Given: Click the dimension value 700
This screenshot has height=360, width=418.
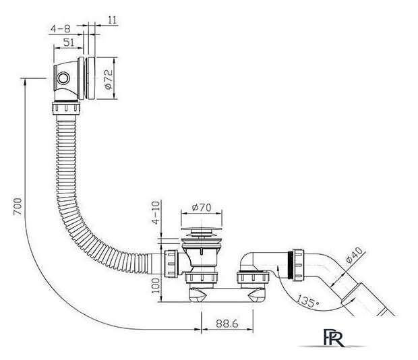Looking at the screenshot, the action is [18, 206].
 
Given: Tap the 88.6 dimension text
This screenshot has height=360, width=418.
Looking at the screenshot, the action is [227, 324].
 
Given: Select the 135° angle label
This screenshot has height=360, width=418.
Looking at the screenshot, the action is [307, 301].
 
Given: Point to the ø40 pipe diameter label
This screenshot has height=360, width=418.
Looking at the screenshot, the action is [355, 256].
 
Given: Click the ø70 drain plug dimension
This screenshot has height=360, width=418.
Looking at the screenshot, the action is [202, 208].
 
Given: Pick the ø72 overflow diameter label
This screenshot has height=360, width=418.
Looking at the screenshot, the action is [109, 79].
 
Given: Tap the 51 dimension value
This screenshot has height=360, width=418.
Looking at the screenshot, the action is [69, 42].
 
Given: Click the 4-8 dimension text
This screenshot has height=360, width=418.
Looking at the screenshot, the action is [61, 28].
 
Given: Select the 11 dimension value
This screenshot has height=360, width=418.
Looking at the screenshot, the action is [113, 20].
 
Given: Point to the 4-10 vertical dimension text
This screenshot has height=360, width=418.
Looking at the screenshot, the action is [156, 212].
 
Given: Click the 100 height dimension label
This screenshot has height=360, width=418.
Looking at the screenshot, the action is [156, 286].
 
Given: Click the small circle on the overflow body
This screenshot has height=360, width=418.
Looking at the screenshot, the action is [63, 78].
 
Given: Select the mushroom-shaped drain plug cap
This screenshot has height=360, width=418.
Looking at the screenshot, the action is [202, 228].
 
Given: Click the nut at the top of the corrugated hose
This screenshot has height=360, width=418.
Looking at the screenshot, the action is [66, 108].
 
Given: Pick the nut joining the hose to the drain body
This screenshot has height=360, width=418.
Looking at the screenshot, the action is [171, 264].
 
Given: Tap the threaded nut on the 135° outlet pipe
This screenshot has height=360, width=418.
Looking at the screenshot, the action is [298, 265].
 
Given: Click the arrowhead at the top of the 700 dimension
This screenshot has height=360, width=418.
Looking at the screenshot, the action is [25, 82].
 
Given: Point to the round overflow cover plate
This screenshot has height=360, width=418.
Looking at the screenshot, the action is [91, 78].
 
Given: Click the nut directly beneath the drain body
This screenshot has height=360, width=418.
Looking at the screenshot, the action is [202, 278].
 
